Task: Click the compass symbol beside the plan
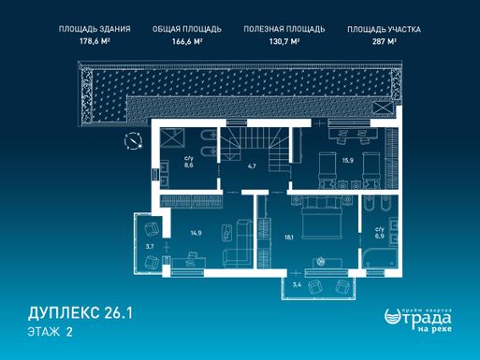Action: [x=133, y=141]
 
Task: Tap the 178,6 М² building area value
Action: [x=95, y=41]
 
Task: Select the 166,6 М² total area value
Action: [x=187, y=41]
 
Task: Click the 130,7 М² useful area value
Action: [x=284, y=41]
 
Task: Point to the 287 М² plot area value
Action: [x=384, y=41]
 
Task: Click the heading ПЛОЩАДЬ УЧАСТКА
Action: [x=384, y=30]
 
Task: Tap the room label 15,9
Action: [x=348, y=161]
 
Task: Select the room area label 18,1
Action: [x=289, y=238]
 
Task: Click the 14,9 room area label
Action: [x=196, y=233]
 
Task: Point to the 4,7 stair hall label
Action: [x=252, y=166]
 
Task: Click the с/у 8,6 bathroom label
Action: [x=188, y=162]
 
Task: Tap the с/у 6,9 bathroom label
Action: [x=380, y=233]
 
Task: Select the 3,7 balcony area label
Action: [x=150, y=247]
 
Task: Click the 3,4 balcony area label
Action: [x=297, y=284]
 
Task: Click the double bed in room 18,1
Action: [x=320, y=217]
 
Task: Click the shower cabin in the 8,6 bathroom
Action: [x=172, y=138]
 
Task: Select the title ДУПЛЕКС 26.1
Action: [x=80, y=313]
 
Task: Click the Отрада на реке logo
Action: [x=418, y=320]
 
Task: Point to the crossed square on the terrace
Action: [x=383, y=108]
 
